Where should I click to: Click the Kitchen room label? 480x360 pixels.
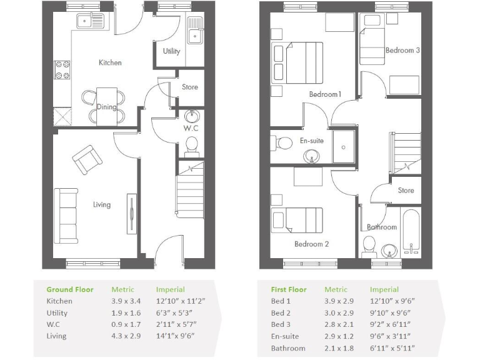(x=110, y=62)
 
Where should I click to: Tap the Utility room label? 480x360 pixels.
(x=171, y=51)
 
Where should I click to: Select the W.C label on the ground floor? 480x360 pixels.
(x=191, y=128)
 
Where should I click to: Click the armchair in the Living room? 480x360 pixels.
(x=86, y=159)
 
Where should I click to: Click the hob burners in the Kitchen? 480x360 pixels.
(x=62, y=69)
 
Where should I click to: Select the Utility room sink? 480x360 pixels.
(x=196, y=30)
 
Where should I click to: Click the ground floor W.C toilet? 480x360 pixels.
(x=191, y=144)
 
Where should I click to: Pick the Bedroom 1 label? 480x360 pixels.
(x=325, y=94)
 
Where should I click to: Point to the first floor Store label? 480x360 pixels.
(x=406, y=191)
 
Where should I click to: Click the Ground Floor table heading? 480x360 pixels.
(x=70, y=289)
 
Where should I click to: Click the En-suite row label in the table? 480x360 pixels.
(x=285, y=336)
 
